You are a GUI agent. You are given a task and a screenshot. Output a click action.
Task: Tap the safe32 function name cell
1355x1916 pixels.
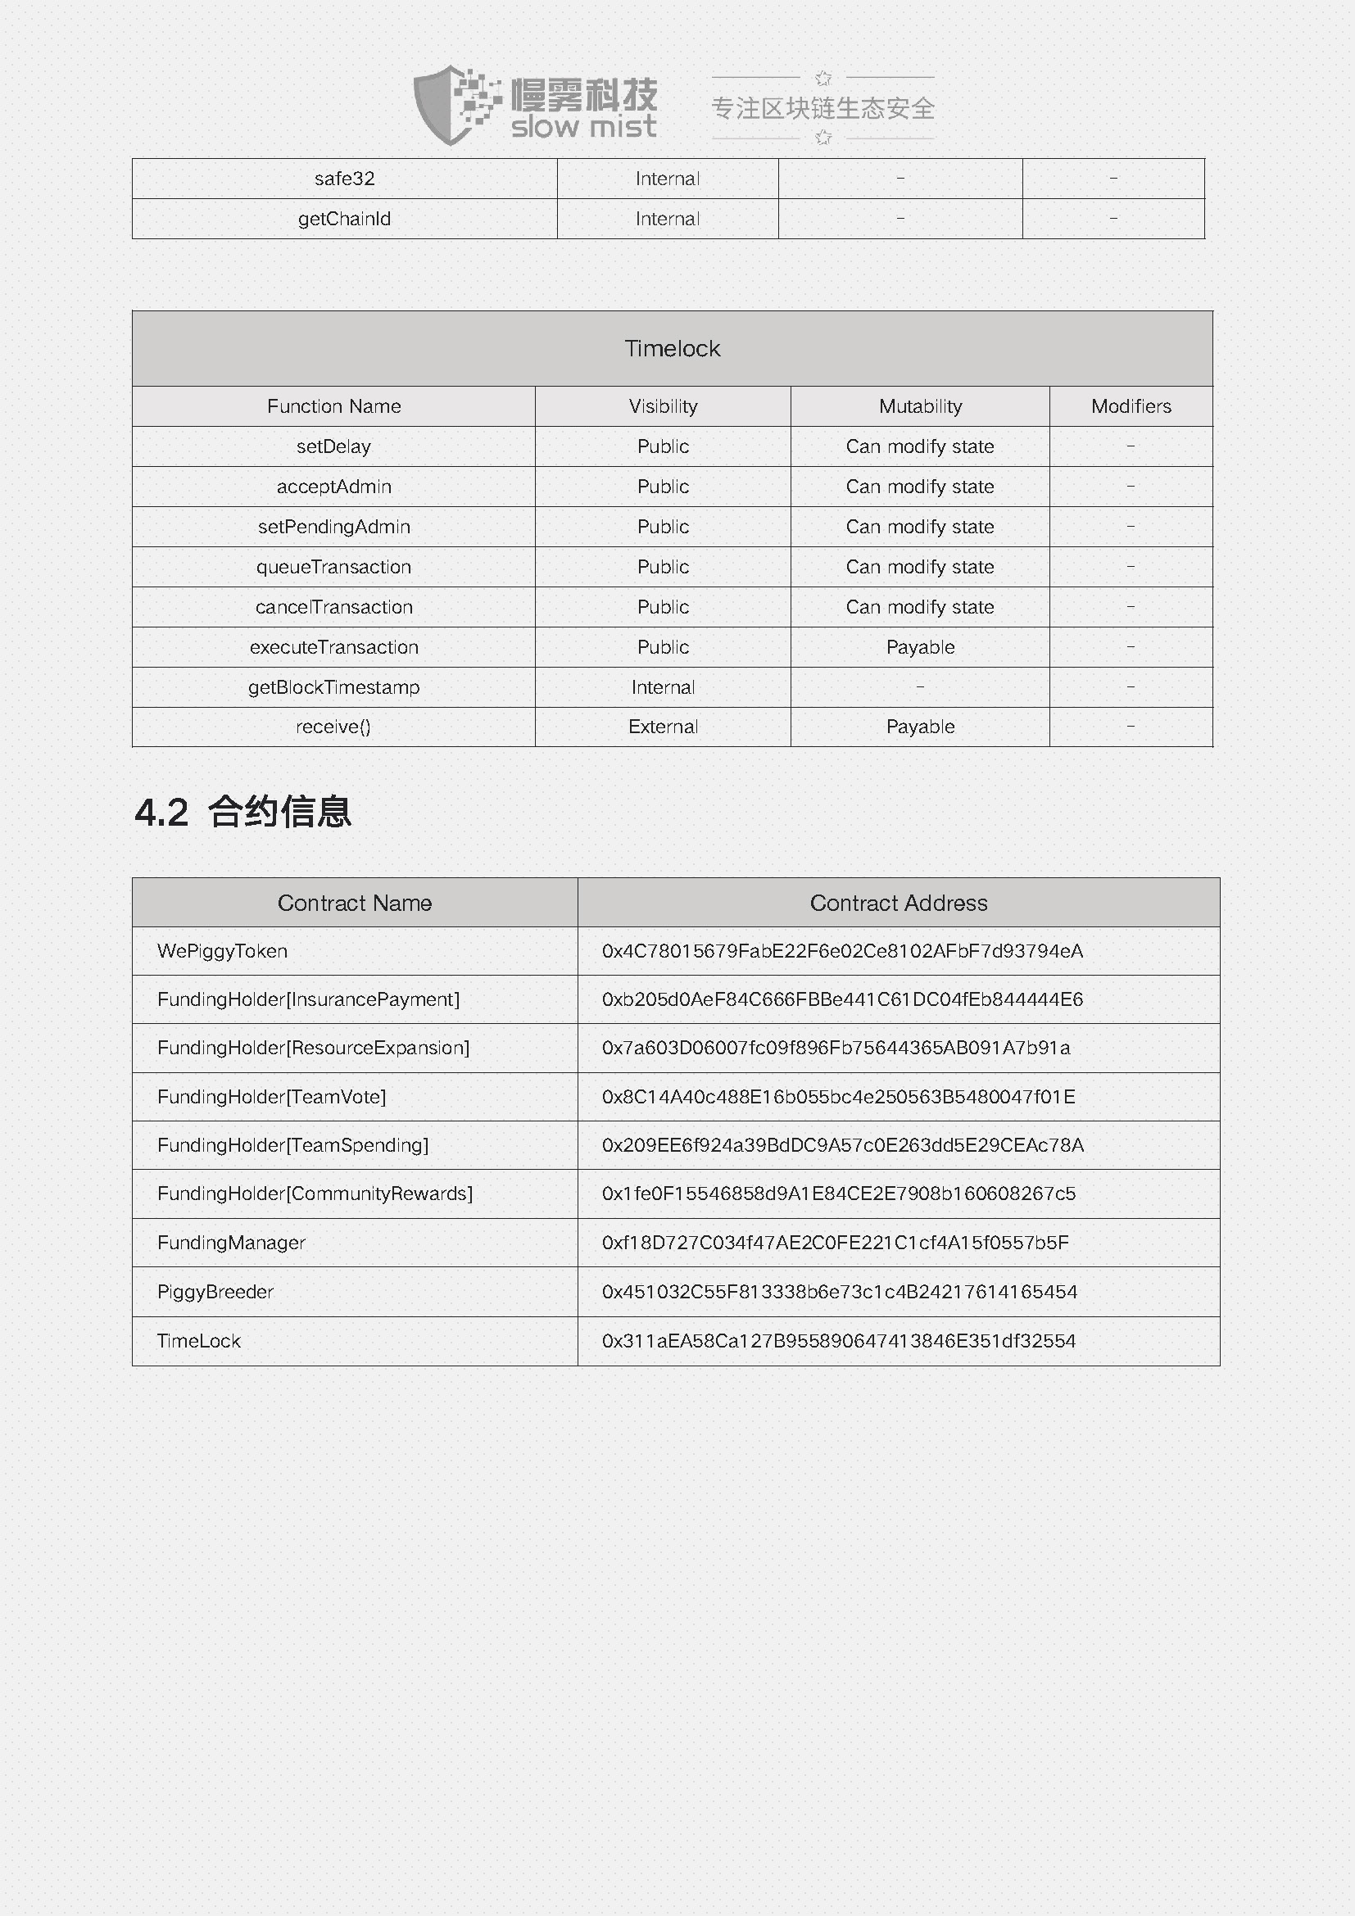345,179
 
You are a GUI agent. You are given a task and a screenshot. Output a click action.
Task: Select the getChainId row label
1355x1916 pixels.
345,219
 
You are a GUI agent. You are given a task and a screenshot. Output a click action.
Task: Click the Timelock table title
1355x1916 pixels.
672,349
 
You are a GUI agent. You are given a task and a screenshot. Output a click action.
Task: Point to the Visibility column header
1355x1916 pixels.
663,406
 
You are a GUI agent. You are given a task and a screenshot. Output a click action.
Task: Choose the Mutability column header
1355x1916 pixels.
919,406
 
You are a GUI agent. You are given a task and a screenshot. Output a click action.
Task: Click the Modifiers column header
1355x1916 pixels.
1131,406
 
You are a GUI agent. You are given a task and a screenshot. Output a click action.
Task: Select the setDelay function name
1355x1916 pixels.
333,446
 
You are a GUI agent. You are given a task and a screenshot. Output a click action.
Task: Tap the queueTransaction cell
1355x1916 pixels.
333,568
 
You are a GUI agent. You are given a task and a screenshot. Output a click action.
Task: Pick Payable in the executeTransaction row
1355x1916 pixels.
919,648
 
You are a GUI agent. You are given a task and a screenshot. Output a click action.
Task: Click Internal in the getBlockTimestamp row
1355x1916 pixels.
663,687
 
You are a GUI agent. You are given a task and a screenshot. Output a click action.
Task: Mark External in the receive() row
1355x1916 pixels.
663,727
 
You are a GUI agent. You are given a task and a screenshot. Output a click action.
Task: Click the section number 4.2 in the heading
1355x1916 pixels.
162,813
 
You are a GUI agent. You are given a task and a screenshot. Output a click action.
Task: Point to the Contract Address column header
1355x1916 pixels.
898,903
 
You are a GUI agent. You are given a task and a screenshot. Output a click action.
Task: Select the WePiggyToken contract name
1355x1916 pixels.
222,951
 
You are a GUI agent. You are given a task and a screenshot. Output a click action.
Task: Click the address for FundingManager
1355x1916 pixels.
834,1243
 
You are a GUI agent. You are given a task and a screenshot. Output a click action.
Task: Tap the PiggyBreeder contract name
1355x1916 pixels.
215,1292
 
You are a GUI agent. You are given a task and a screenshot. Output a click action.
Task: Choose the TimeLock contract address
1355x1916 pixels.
839,1341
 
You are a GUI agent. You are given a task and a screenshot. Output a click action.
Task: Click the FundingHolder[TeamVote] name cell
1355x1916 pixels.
271,1097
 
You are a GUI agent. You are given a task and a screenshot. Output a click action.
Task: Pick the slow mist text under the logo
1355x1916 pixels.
583,128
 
